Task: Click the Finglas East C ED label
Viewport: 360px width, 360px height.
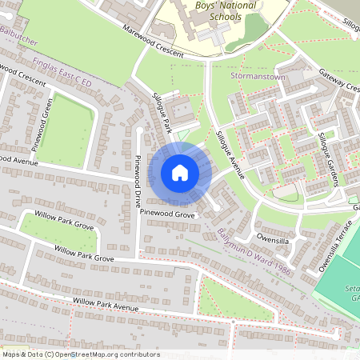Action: coord(62,71)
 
